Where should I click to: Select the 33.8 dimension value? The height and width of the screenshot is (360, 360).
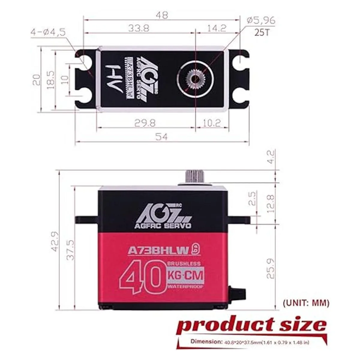pyautogui.click(x=139, y=28)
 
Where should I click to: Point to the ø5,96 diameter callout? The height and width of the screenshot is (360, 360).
pyautogui.click(x=260, y=20)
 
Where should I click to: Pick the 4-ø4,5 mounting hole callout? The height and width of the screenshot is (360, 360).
pyautogui.click(x=48, y=33)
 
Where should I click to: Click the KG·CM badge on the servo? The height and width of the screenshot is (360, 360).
pyautogui.click(x=185, y=275)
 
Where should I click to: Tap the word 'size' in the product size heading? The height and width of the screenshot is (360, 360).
pyautogui.click(x=295, y=325)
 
